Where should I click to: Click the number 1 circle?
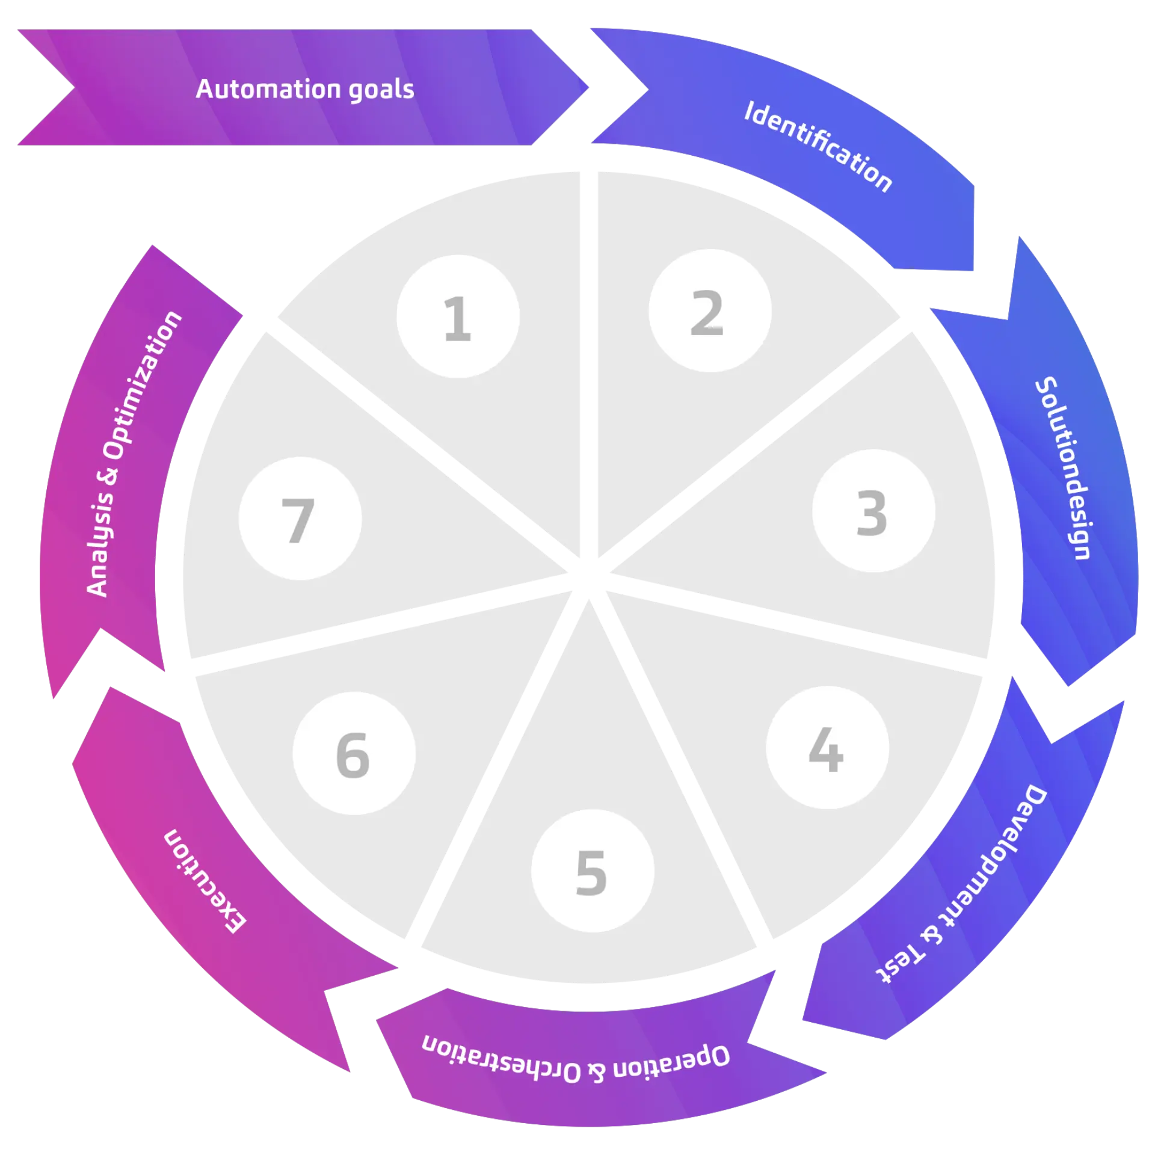click(458, 317)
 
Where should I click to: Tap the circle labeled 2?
click(710, 311)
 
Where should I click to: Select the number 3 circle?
click(873, 511)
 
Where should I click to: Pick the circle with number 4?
click(827, 748)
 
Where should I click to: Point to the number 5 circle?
click(593, 871)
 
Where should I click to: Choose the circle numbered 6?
click(354, 754)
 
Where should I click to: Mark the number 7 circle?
click(300, 519)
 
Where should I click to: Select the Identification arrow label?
click(818, 146)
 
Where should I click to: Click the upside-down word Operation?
click(671, 1067)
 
